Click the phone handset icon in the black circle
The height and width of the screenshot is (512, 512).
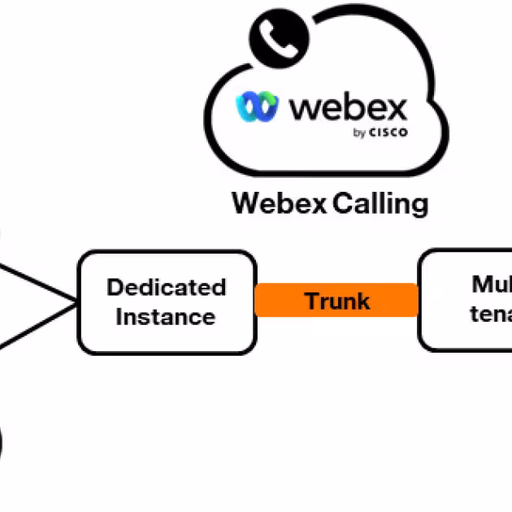280,37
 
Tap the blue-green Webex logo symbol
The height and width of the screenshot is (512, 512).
257,106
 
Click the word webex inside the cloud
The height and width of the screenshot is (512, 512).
348,106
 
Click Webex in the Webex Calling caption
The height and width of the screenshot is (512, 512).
278,202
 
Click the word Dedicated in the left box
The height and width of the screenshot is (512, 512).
166,287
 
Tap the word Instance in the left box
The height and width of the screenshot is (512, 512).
166,316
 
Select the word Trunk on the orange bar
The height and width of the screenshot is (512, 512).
337,301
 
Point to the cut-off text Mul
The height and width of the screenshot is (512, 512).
492,284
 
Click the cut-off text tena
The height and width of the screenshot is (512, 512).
491,314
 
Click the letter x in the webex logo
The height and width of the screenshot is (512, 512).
394,106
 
